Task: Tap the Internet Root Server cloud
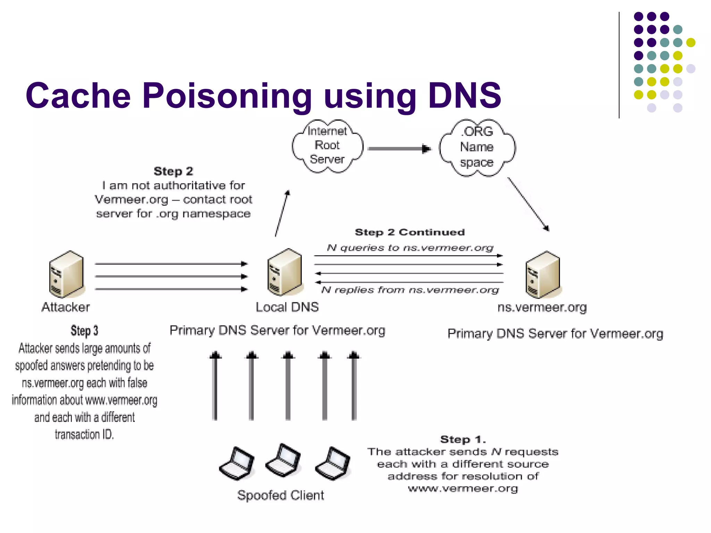point(327,146)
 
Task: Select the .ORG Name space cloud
point(477,147)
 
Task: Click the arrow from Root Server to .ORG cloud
point(399,149)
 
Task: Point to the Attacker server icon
point(66,274)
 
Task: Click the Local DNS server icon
point(285,272)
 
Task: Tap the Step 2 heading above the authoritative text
point(173,171)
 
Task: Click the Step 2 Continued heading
point(410,232)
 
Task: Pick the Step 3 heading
point(84,331)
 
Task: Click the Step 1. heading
point(463,439)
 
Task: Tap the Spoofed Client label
point(281,495)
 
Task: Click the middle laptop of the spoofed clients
point(283,461)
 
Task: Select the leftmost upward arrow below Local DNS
point(215,387)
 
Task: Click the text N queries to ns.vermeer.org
point(410,248)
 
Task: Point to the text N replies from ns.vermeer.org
point(410,290)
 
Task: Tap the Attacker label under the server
point(66,307)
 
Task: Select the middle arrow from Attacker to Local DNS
point(171,277)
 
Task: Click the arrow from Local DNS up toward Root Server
point(282,213)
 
